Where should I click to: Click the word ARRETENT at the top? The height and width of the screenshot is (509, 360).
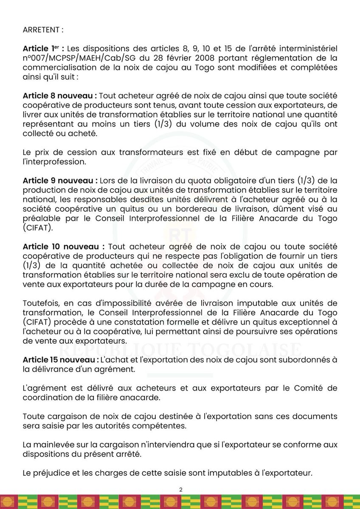click(x=42, y=31)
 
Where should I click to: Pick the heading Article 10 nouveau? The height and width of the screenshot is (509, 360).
click(x=64, y=247)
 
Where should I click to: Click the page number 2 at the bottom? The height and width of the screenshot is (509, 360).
click(x=180, y=489)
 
